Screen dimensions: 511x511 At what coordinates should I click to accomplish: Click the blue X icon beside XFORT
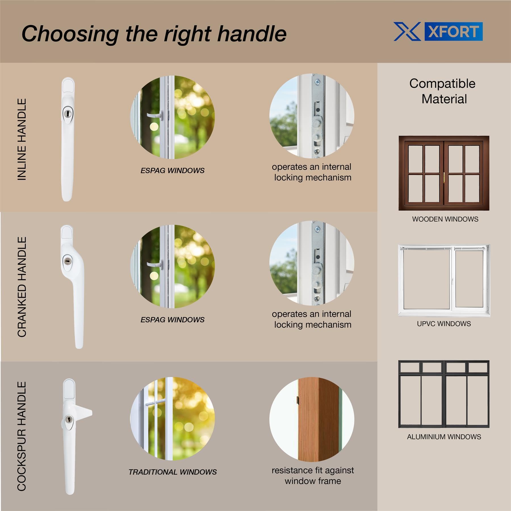click(407, 32)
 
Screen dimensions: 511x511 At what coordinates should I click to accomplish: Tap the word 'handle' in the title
click(252, 34)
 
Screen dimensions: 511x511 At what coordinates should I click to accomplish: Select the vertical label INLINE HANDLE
click(22, 139)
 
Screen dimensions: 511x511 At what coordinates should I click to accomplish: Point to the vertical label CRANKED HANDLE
click(22, 287)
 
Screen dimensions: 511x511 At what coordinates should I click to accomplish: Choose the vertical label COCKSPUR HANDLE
click(22, 436)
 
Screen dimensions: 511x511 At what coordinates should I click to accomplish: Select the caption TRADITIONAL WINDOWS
click(173, 472)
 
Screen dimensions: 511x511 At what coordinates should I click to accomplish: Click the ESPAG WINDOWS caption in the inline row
click(173, 171)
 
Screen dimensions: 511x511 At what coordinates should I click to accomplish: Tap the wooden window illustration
click(444, 173)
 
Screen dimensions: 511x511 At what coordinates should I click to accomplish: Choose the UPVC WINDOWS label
click(444, 324)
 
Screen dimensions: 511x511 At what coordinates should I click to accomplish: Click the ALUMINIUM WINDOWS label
click(444, 437)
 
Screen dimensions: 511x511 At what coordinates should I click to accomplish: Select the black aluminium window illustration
click(444, 394)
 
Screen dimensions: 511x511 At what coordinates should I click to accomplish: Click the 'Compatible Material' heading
click(443, 91)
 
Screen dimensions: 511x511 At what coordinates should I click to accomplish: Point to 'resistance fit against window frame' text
click(313, 476)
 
